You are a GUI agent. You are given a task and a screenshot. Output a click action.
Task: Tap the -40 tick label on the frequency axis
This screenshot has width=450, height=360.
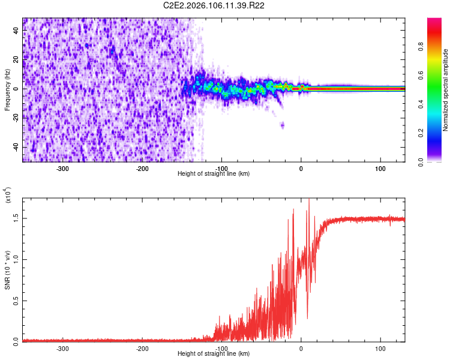click(15, 147)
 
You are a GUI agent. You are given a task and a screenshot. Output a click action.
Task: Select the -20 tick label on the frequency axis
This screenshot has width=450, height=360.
click(15, 118)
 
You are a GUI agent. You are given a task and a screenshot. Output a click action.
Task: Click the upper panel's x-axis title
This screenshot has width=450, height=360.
click(214, 173)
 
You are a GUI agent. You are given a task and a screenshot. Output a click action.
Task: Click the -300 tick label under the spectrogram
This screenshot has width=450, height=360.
click(63, 169)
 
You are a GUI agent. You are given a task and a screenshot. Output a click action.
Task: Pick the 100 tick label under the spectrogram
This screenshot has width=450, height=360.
click(380, 169)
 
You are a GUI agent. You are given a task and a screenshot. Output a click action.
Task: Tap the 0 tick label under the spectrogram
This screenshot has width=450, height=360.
click(301, 169)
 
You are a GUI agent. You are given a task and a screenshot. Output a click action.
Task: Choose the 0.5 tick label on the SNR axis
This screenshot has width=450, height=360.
click(16, 300)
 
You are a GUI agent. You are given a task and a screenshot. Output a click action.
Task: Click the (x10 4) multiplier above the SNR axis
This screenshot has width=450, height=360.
click(7, 195)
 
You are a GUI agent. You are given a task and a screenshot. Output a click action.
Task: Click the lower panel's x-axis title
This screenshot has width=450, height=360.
click(214, 353)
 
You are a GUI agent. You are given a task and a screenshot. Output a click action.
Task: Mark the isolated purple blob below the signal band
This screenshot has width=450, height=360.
click(283, 125)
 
